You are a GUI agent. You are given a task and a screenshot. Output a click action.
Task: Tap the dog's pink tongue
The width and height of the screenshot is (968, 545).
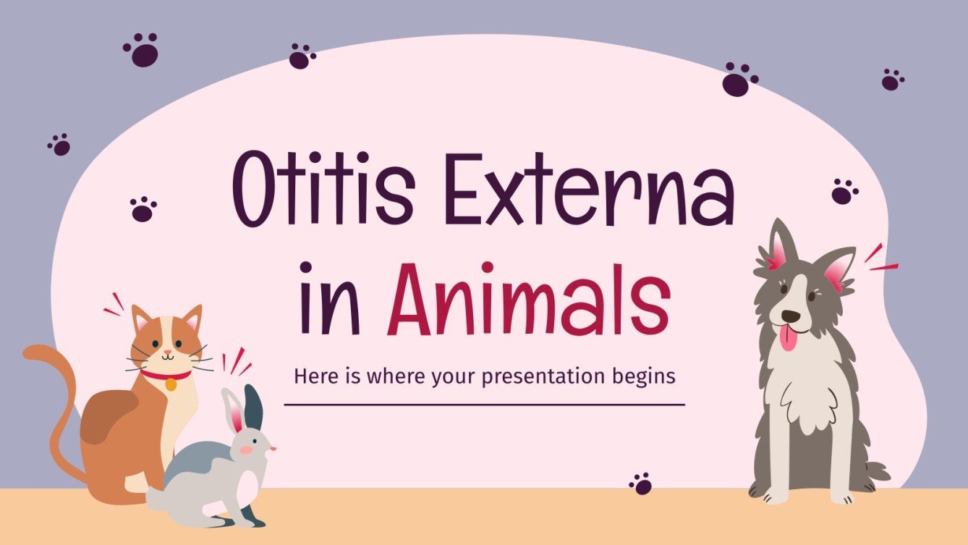tap(786, 337)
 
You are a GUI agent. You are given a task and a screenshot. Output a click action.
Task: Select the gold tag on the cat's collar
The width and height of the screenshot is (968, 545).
tap(171, 385)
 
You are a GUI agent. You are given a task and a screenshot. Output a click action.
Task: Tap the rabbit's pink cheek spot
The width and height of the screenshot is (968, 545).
tap(246, 449)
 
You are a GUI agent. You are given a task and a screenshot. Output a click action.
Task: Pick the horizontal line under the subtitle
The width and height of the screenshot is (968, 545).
tap(484, 405)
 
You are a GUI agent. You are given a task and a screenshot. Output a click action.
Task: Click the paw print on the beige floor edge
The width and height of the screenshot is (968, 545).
tap(640, 483)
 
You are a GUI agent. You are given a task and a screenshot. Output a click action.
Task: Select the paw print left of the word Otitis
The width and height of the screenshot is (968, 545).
tap(143, 208)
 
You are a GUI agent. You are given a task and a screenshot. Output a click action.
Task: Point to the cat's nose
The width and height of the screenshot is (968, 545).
tap(167, 351)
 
